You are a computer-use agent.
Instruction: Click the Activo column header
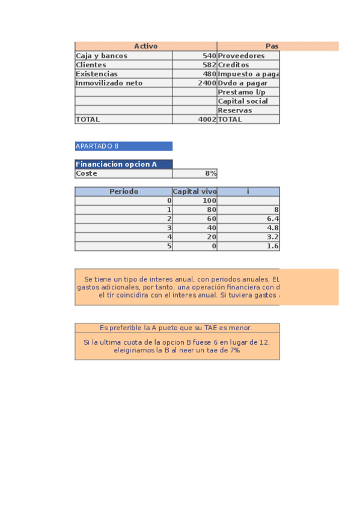point(145,46)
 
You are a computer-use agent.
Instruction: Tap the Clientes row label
point(91,65)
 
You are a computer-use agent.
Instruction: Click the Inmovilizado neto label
point(109,83)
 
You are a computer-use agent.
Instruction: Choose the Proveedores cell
point(241,56)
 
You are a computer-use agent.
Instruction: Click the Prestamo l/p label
point(241,92)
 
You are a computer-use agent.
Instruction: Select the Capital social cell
point(243,101)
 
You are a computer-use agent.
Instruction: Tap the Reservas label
point(235,111)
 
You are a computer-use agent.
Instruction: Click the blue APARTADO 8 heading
point(97,146)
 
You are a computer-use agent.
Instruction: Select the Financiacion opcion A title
point(116,164)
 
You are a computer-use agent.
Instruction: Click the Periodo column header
point(124,191)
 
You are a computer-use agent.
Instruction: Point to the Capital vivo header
point(195,191)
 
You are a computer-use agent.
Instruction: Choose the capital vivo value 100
point(209,201)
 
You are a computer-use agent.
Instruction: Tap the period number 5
point(169,246)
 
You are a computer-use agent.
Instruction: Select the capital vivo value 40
point(211,228)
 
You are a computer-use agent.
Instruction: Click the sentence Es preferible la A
point(176,328)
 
